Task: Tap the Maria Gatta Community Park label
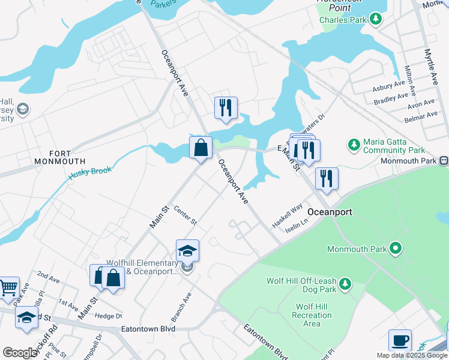[x=394, y=146]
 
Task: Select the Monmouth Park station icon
[x=444, y=161]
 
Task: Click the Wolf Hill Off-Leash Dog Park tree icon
[x=345, y=283]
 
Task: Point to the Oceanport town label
[x=330, y=212]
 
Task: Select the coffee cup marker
[x=400, y=340]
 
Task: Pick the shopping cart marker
[x=8, y=287]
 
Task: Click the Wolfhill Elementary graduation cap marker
[x=187, y=251]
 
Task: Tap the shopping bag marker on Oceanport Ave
[x=200, y=147]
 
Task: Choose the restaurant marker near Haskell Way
[x=327, y=178]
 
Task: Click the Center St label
[x=185, y=215]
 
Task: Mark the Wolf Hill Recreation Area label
[x=311, y=315]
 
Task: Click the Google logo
[x=20, y=353]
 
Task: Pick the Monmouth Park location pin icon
[x=395, y=247]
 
